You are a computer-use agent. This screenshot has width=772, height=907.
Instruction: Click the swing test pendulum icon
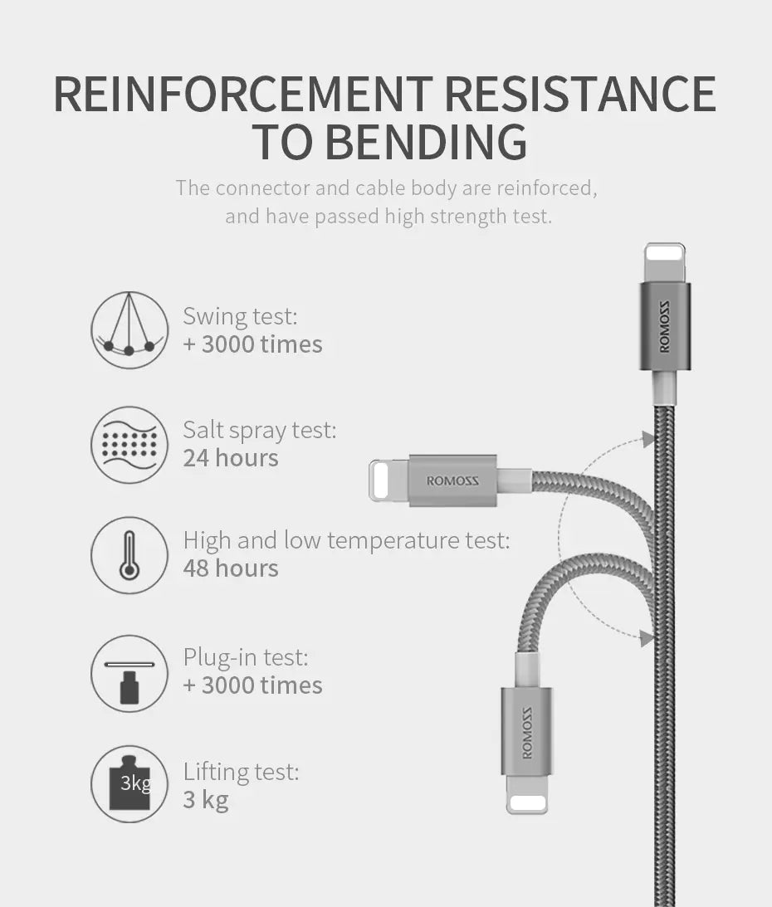tap(129, 329)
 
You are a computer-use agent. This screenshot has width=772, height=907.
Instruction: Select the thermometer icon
tap(129, 554)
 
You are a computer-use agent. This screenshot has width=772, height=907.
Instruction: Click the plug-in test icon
tap(129, 673)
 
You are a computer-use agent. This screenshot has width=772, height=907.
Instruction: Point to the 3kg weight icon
tap(129, 783)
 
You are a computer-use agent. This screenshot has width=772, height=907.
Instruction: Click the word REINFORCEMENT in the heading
tap(243, 94)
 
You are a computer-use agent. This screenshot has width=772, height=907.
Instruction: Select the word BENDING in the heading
tap(425, 142)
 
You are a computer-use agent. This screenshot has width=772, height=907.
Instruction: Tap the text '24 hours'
tap(231, 458)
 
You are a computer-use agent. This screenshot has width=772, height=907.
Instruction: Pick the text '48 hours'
tap(231, 568)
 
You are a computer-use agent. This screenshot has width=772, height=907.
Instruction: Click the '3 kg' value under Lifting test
tap(206, 800)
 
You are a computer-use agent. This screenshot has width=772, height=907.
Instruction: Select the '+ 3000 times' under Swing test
tap(253, 344)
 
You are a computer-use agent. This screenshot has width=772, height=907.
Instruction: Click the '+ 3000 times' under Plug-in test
tap(253, 685)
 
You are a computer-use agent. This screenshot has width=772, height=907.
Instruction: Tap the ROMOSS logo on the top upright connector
tap(665, 327)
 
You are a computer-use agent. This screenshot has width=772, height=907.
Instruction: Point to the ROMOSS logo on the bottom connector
tap(526, 732)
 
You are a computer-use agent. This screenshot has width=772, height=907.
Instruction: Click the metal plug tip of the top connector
tap(665, 261)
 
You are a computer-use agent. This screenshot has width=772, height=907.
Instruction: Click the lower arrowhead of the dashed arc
tap(647, 638)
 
